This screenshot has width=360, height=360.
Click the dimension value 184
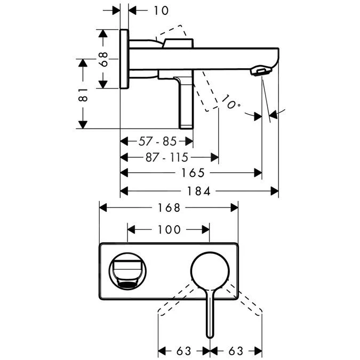click(198, 190)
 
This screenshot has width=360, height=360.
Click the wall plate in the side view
click(124, 59)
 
